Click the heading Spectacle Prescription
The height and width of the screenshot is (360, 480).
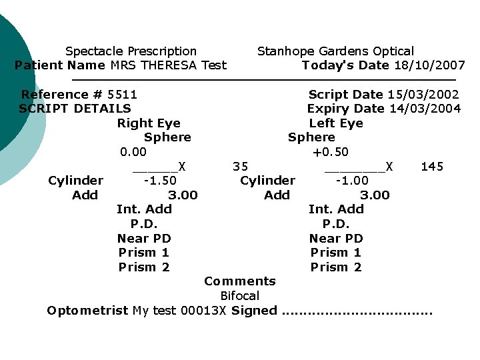(x=131, y=51)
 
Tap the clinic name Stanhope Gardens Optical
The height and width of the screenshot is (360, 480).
(x=335, y=51)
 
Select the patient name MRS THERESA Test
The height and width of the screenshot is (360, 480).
(x=168, y=65)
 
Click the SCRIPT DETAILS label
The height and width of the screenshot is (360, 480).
(x=75, y=109)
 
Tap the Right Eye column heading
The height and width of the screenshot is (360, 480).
(x=149, y=123)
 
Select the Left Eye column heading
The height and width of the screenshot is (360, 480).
(x=336, y=123)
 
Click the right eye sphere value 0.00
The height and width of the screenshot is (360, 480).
(x=133, y=152)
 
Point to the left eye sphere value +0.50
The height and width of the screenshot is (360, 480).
(x=331, y=152)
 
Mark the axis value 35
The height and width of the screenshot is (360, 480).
(x=241, y=166)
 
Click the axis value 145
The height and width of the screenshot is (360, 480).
(x=432, y=166)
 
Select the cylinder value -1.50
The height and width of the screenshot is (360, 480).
(x=160, y=181)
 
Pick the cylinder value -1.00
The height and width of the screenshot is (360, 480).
(x=352, y=181)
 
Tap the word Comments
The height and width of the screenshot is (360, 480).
(x=240, y=281)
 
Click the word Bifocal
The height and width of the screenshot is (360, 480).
(x=240, y=295)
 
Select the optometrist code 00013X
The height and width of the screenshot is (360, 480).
(x=206, y=311)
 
